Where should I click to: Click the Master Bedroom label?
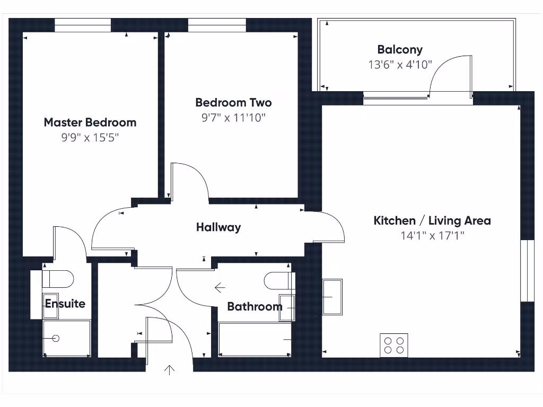[90, 122]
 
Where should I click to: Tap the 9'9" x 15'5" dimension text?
[90, 138]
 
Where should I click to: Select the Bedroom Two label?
[233, 102]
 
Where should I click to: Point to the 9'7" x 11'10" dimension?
[233, 118]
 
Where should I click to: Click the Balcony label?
[400, 50]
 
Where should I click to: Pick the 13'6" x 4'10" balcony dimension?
[400, 65]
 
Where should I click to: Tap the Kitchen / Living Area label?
[432, 220]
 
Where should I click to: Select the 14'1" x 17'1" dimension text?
[432, 236]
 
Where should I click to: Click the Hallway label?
[218, 227]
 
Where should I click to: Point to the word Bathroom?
[255, 306]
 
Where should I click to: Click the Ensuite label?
[65, 304]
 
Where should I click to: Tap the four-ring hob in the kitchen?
[394, 345]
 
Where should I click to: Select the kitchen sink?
[332, 297]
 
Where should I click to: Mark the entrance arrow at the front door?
[170, 369]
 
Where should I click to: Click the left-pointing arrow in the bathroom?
[220, 288]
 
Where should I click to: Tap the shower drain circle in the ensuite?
[56, 338]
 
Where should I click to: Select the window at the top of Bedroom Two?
[217, 25]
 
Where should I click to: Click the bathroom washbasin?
[287, 307]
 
